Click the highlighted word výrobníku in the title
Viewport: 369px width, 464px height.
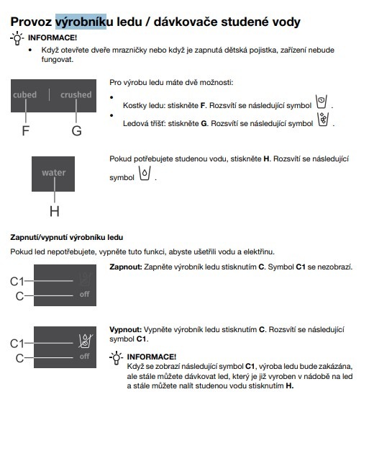click(x=81, y=22)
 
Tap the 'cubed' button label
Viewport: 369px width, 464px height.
click(x=25, y=94)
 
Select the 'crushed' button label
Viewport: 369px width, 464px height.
click(x=76, y=94)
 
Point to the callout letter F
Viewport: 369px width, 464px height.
click(x=26, y=130)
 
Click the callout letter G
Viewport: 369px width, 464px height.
click(x=76, y=130)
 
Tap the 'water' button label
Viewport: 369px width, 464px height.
click(x=53, y=172)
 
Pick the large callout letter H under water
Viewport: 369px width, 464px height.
click(x=55, y=211)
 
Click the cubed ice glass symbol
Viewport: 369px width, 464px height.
click(x=321, y=102)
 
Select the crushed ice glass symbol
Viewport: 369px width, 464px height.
click(x=323, y=120)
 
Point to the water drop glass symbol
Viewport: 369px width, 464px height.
click(x=145, y=173)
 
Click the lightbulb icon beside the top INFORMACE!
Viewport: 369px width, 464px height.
click(x=17, y=38)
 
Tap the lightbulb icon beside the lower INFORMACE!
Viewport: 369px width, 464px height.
click(x=116, y=358)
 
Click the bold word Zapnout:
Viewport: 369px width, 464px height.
click(x=126, y=267)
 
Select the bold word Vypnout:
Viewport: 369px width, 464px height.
click(x=126, y=329)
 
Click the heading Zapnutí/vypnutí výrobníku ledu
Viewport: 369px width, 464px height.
click(x=66, y=237)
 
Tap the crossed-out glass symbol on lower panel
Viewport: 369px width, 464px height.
click(x=86, y=341)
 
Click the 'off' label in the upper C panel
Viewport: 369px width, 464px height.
click(x=84, y=294)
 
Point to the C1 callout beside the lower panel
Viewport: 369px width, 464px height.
click(x=17, y=344)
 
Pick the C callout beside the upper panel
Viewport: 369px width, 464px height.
click(x=19, y=296)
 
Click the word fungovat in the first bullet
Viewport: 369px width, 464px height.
click(x=58, y=60)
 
